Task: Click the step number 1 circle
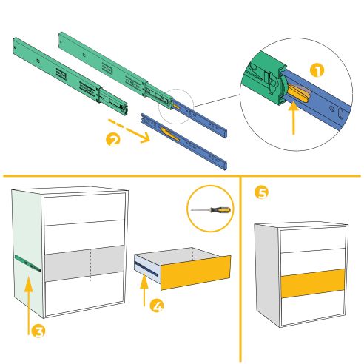pyautogui.click(x=317, y=71)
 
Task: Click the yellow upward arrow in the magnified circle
pyautogui.click(x=294, y=119)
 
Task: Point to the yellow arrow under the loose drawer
pyautogui.click(x=143, y=290)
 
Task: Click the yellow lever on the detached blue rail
pyautogui.click(x=168, y=133)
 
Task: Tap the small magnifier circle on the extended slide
pyautogui.click(x=178, y=106)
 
